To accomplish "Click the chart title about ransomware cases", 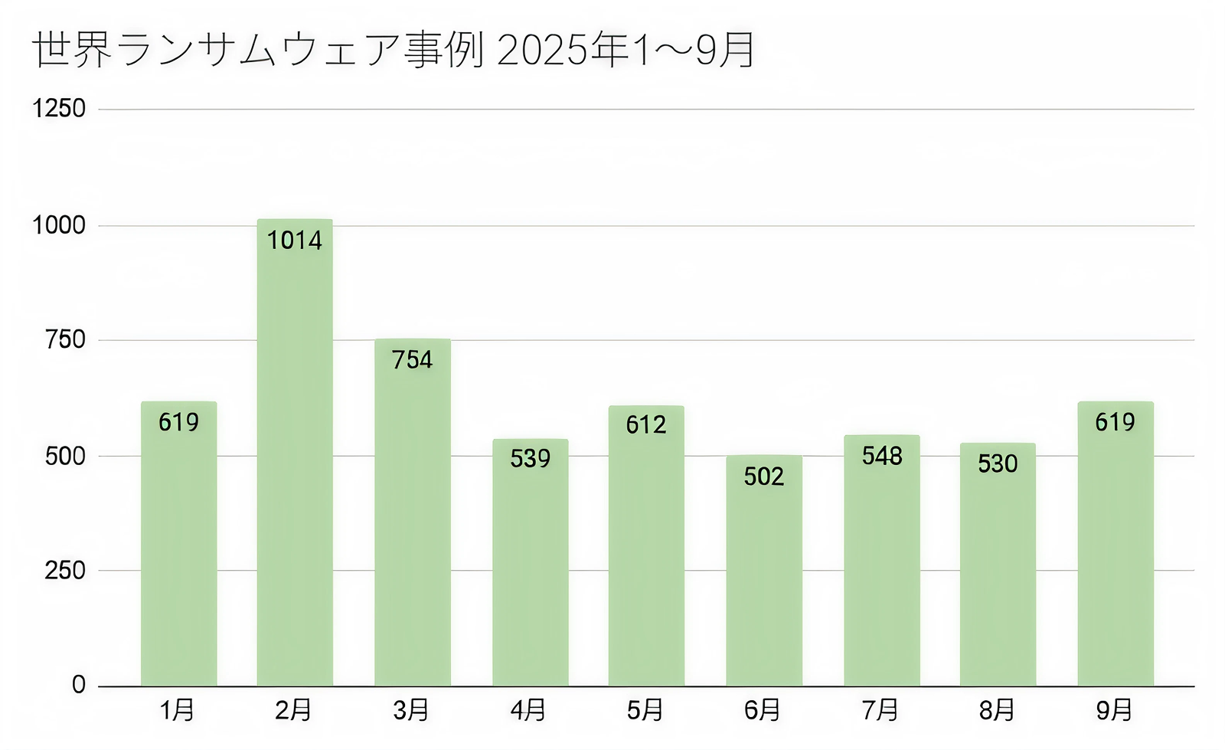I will coord(394,51).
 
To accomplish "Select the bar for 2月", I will coord(295,460).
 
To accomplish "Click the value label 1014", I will coord(295,241).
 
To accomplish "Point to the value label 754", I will coord(412,359).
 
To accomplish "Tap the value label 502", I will coord(764,477).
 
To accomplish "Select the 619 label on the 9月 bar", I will coord(1115,422).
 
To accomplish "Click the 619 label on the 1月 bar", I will coord(178,422).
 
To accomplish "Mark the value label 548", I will coord(882,456).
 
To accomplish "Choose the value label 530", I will coord(998,463).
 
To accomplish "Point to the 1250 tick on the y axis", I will coord(59,109).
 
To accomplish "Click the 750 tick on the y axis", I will coord(65,339).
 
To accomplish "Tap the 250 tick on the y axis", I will coord(65,570).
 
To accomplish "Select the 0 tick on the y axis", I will coord(79,685).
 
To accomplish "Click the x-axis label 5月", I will coord(645,710).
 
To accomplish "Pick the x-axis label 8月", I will coord(997,710).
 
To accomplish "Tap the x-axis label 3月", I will coord(411,710).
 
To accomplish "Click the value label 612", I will coord(646,424).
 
